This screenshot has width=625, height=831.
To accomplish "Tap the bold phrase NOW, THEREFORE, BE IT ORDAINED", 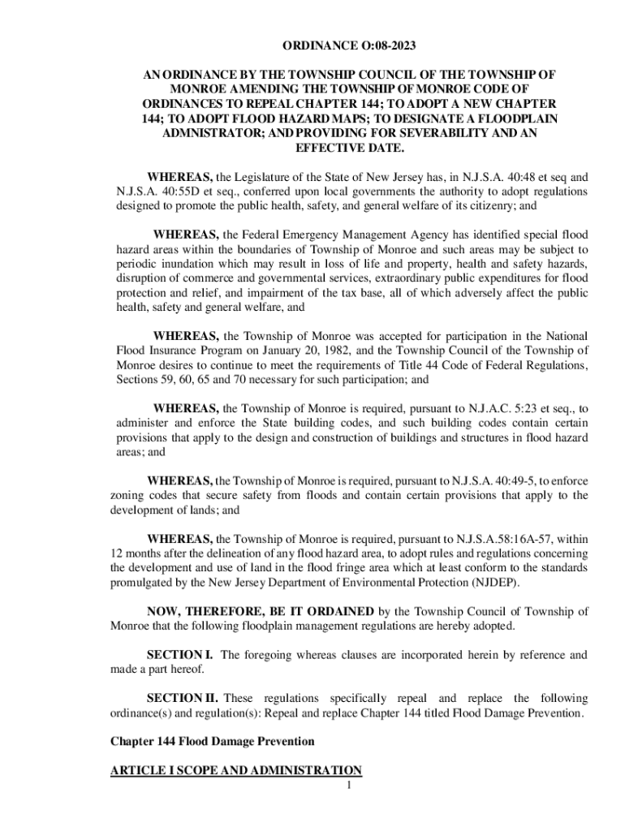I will [261, 611].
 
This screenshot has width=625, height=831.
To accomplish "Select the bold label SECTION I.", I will [179, 654].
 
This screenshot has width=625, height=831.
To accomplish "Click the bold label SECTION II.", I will [182, 698].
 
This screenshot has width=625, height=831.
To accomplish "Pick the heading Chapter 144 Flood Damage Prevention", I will [212, 742].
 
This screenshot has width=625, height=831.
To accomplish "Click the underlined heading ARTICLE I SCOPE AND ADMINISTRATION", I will [235, 770].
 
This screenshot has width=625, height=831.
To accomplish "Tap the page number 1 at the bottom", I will [346, 785].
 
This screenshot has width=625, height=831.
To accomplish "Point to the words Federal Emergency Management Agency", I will [364, 235].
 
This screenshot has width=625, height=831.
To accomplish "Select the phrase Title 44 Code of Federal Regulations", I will [486, 365].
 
